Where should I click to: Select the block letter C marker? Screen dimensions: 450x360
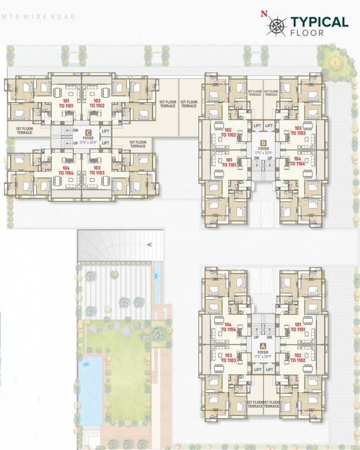click(88, 132)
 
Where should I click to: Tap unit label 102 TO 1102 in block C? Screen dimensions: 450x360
click(97, 103)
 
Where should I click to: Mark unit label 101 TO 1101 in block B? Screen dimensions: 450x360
click(229, 162)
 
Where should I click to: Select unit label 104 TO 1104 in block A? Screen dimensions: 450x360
click(229, 327)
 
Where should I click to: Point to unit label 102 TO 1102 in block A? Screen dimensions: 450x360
click(298, 358)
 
